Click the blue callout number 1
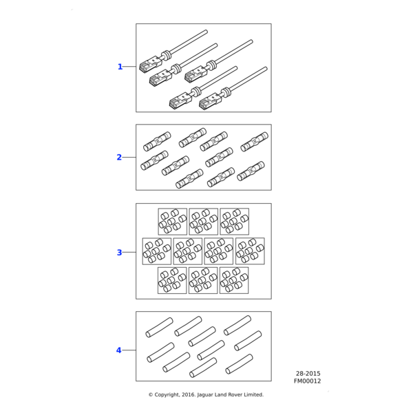pos(120,67)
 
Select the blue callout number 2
pos(119,158)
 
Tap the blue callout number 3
pos(119,253)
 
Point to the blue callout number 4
pos(118,350)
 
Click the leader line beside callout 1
pos(129,67)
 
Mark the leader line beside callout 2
pos(129,158)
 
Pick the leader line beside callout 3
pos(129,253)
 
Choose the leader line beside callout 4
pos(129,350)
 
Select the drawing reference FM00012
pos(307,381)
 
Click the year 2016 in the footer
pos(193,395)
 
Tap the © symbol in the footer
pos(151,395)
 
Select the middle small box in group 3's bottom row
pos(203,280)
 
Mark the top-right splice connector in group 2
pos(254,142)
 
